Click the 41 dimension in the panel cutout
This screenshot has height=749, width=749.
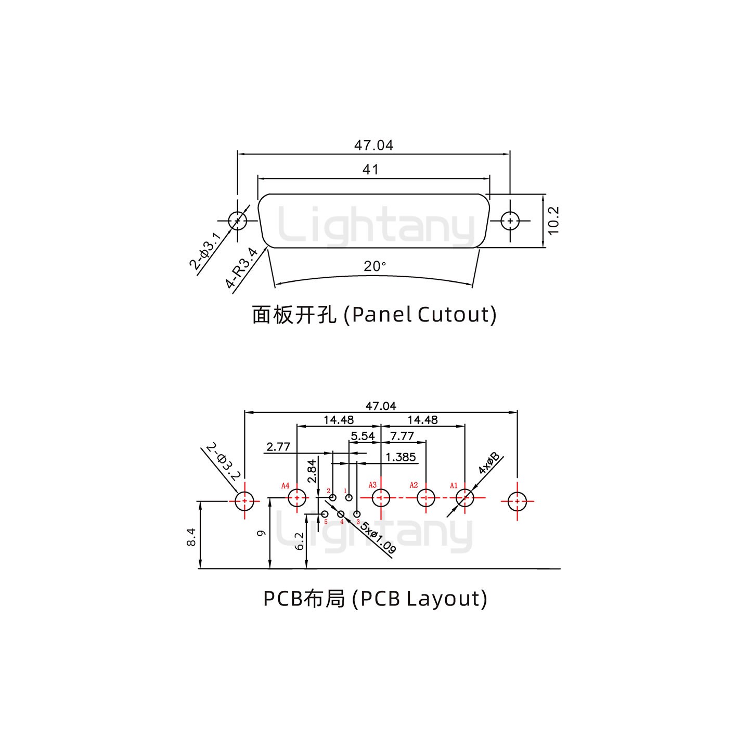tap(370, 170)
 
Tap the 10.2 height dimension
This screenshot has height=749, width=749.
tap(553, 221)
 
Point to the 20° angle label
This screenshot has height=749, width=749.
tap(374, 266)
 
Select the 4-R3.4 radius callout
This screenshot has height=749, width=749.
tap(242, 268)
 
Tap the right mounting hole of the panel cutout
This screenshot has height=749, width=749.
tap(510, 221)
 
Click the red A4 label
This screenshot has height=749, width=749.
tap(285, 486)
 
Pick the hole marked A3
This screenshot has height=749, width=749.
tap(381, 498)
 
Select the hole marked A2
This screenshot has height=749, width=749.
tap(426, 498)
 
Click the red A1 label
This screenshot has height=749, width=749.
tap(454, 486)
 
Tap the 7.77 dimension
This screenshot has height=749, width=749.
tap(402, 436)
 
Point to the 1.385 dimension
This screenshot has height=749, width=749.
tap(401, 457)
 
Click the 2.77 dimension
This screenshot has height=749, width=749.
tap(278, 447)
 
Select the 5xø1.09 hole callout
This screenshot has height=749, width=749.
tap(379, 537)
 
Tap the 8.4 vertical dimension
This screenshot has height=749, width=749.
tap(191, 536)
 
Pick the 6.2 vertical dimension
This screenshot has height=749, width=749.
tap(299, 541)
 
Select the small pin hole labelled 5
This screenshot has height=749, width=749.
tap(325, 514)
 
